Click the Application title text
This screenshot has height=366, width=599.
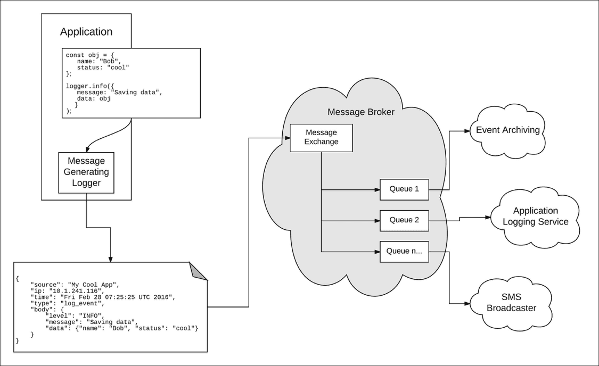pos(86,32)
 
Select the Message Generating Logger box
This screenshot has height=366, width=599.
pos(86,172)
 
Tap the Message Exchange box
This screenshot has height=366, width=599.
pos(321,137)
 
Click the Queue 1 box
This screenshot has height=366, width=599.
pos(404,189)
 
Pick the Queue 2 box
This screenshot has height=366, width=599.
pos(404,220)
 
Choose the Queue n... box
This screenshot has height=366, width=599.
pos(404,252)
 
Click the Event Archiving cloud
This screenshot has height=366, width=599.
pos(507,130)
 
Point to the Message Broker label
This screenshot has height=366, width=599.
pos(361,112)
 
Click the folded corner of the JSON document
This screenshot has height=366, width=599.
pos(199,271)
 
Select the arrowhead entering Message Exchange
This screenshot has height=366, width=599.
pos(287,138)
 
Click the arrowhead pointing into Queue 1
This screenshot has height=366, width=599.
pos(377,189)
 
